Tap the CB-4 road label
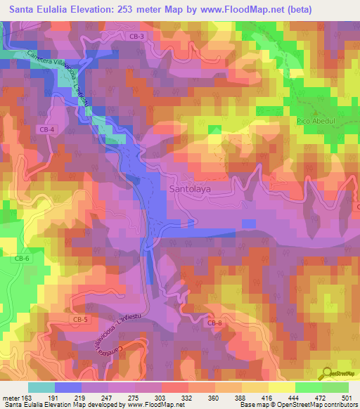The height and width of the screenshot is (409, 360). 46,129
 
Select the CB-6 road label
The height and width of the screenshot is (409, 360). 22,258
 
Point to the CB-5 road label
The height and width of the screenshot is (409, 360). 81,320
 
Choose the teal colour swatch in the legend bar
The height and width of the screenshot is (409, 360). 41,387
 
